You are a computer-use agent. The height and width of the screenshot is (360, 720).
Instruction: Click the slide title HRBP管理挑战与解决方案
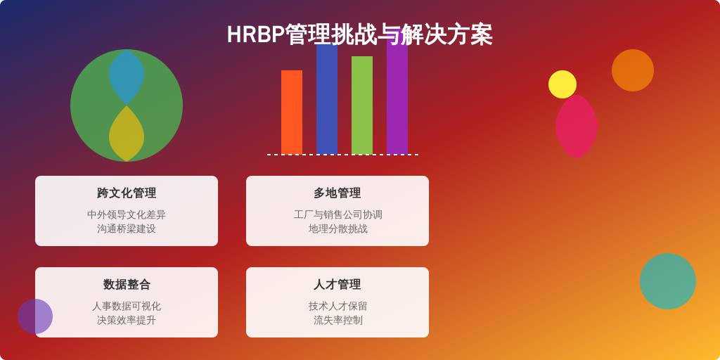click(x=359, y=34)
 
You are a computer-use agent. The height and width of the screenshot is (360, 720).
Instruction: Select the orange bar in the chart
click(x=292, y=112)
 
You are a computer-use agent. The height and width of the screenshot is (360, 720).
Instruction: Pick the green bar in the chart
click(x=362, y=105)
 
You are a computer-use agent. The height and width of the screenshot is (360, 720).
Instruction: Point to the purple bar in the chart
click(x=397, y=98)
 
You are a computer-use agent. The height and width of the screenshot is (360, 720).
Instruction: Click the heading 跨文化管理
click(x=127, y=193)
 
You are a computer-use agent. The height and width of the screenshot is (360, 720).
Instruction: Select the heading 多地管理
click(x=337, y=193)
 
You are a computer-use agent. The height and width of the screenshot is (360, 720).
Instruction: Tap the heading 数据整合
click(x=127, y=284)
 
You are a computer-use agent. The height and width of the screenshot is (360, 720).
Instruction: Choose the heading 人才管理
click(x=337, y=284)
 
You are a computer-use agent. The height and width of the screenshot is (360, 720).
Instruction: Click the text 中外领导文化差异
click(x=127, y=214)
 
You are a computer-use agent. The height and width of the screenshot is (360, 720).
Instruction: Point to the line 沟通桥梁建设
click(x=127, y=229)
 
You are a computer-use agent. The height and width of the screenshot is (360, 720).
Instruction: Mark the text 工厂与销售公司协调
click(x=337, y=214)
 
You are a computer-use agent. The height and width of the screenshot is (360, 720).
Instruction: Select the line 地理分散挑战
click(x=337, y=229)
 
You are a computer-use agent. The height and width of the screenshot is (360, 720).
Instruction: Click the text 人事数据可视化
click(x=127, y=306)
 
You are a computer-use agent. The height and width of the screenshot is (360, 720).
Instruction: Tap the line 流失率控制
click(x=337, y=320)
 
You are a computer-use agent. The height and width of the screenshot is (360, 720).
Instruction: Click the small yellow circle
click(x=562, y=84)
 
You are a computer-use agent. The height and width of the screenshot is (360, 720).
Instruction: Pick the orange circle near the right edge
click(x=633, y=70)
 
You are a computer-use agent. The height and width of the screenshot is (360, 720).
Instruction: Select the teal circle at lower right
click(x=668, y=281)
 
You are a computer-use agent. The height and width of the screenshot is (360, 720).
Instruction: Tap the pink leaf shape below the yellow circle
click(x=577, y=128)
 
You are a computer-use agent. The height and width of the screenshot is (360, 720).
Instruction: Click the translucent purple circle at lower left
click(x=35, y=316)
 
